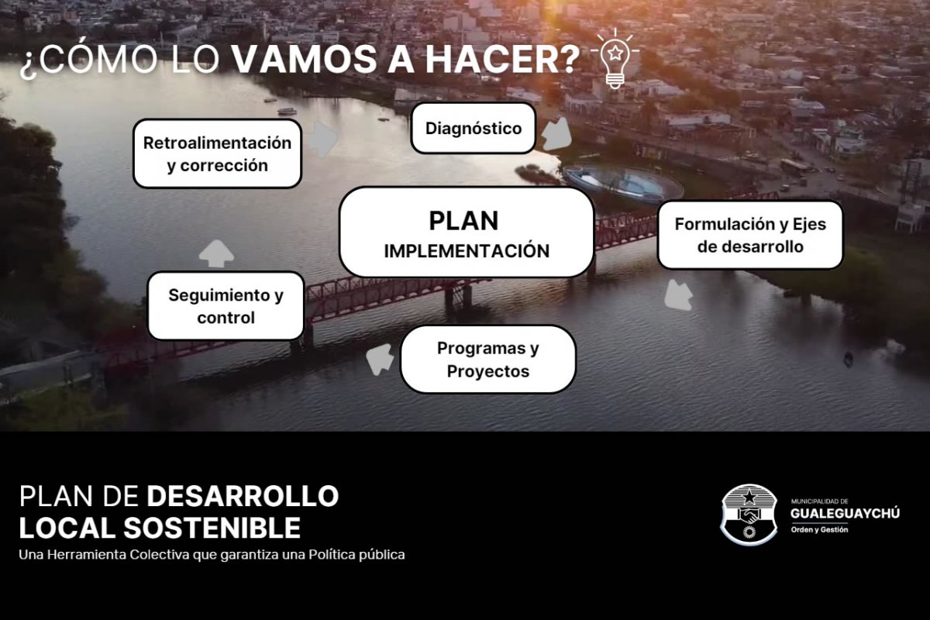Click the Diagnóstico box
tap(474, 128)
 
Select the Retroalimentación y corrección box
tap(217, 153)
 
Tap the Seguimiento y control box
tap(226, 306)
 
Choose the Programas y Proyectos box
tap(487, 359)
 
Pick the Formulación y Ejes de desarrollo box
tap(750, 235)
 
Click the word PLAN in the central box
tap(463, 221)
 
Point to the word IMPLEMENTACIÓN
tap(467, 251)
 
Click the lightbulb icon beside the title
tap(615, 59)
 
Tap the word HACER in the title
tap(502, 60)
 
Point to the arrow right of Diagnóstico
tap(556, 134)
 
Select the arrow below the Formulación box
tap(678, 294)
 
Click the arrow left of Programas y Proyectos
tap(381, 359)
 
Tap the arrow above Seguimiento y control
tap(216, 253)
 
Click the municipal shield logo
tap(749, 515)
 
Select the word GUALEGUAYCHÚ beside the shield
tap(845, 513)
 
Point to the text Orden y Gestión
tap(819, 529)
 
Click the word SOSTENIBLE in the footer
tap(212, 529)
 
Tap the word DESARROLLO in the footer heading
tap(243, 496)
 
